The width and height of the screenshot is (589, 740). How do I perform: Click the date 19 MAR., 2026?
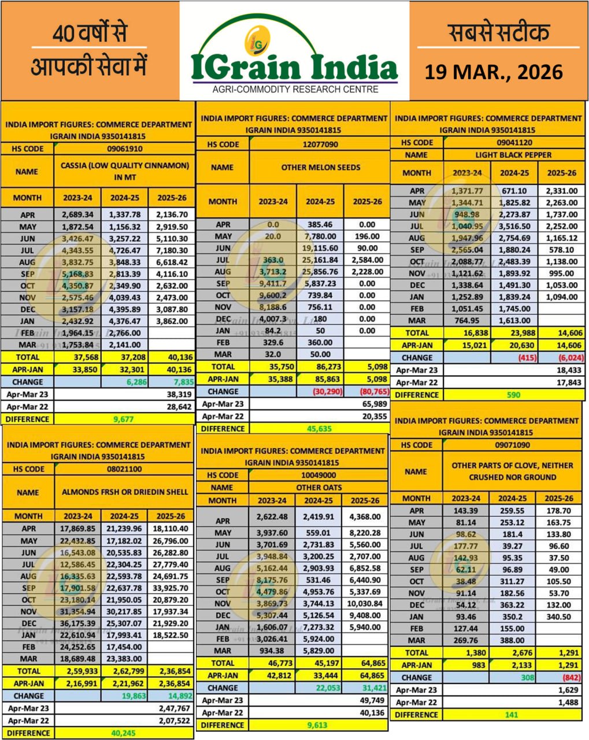(494, 72)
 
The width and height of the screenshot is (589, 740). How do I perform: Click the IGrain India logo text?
(294, 67)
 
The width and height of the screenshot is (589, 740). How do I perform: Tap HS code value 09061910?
(124, 149)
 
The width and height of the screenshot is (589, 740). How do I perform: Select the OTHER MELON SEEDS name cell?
(320, 168)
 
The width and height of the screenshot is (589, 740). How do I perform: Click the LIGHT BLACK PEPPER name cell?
(513, 155)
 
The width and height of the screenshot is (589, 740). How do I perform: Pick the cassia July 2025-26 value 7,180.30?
(172, 250)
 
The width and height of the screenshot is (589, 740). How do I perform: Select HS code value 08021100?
(124, 469)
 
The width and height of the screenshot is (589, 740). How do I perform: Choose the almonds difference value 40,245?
(123, 733)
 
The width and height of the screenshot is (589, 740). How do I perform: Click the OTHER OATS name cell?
(320, 487)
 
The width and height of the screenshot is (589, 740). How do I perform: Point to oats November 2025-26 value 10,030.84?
(365, 604)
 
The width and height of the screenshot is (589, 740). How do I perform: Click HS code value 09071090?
(513, 445)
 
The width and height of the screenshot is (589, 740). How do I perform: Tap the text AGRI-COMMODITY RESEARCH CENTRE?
(295, 90)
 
